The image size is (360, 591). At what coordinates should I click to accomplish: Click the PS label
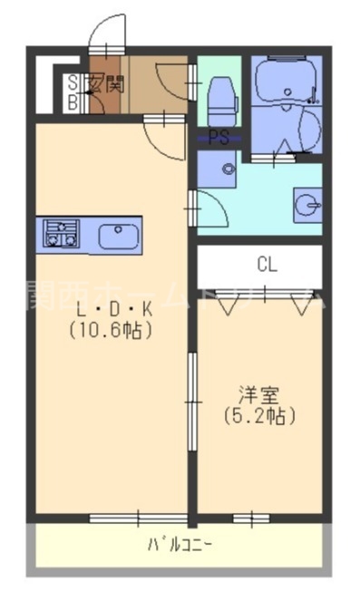(x=218, y=139)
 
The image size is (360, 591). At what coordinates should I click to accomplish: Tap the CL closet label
(x=266, y=265)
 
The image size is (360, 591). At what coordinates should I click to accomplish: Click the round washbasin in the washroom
(x=307, y=205)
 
